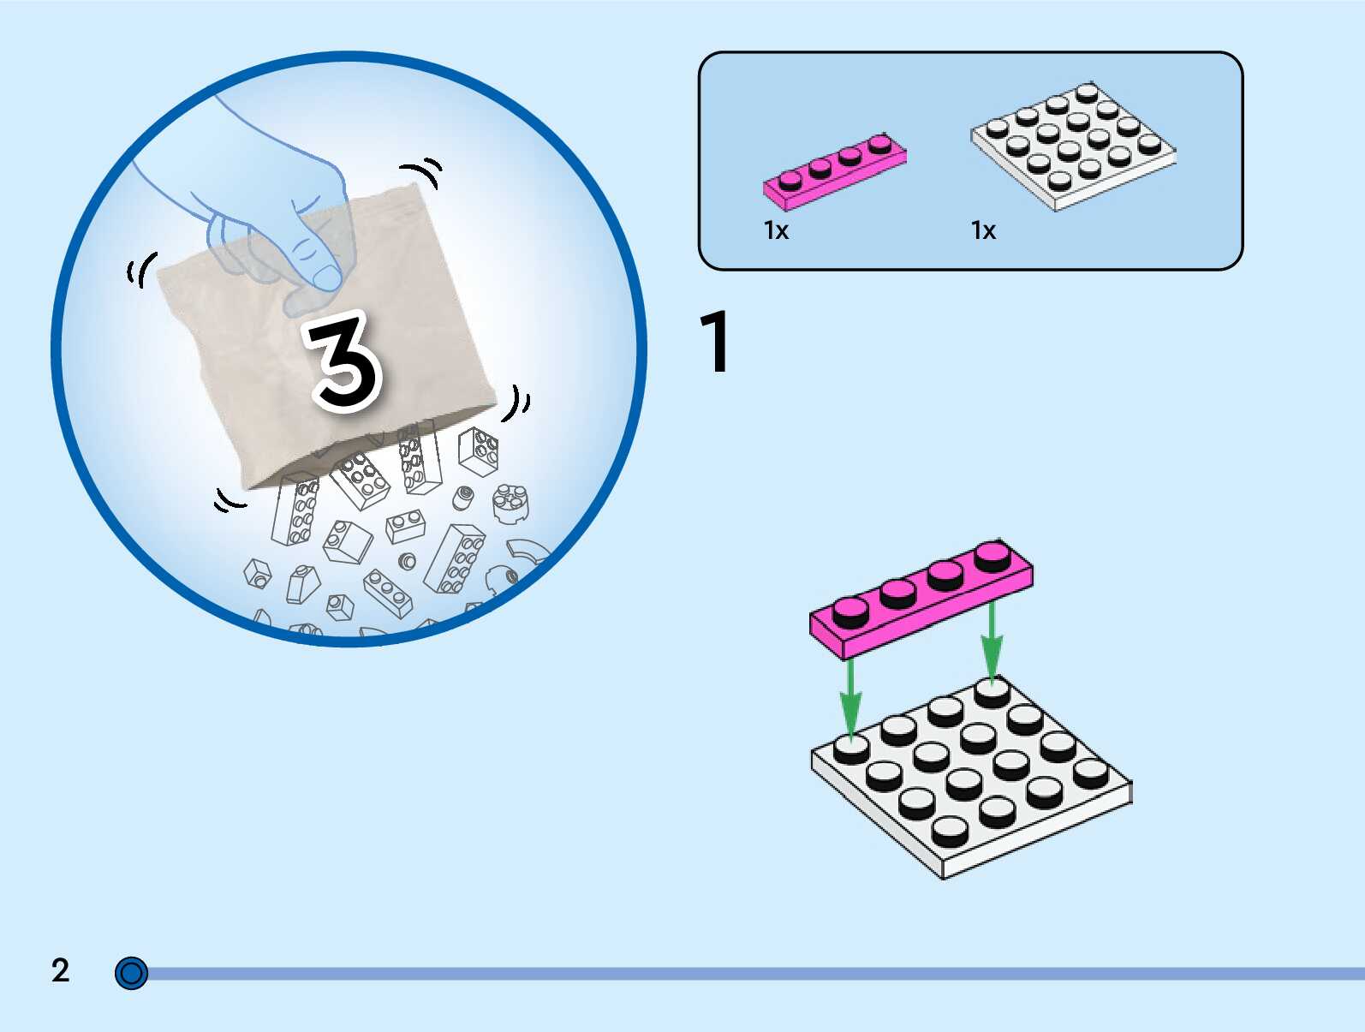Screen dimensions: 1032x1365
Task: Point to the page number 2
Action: [x=60, y=970]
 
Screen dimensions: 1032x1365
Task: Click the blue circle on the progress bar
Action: [x=131, y=974]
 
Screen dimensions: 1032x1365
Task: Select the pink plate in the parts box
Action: [x=834, y=170]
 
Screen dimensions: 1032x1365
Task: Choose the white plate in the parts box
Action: [x=1073, y=146]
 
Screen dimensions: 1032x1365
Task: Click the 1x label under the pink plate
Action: [x=776, y=230]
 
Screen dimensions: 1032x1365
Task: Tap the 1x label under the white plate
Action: [x=983, y=230]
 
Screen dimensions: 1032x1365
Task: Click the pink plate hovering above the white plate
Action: [x=921, y=600]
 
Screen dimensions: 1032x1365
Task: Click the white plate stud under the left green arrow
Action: [x=851, y=749]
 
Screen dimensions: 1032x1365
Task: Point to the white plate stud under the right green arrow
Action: [x=992, y=691]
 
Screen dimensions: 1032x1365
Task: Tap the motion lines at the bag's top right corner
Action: [x=426, y=170]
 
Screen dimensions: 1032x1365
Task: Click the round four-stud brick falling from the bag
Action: [x=510, y=500]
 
